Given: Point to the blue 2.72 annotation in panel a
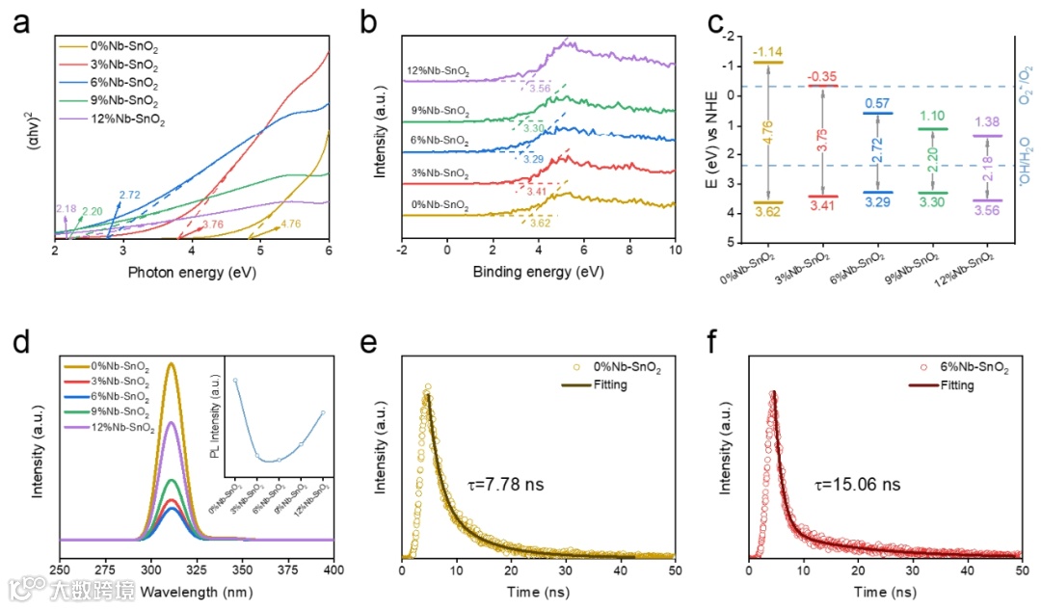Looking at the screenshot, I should click(x=129, y=196).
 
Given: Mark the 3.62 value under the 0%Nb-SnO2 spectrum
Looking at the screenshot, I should click(x=542, y=223).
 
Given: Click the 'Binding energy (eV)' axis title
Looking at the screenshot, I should click(x=538, y=273).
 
